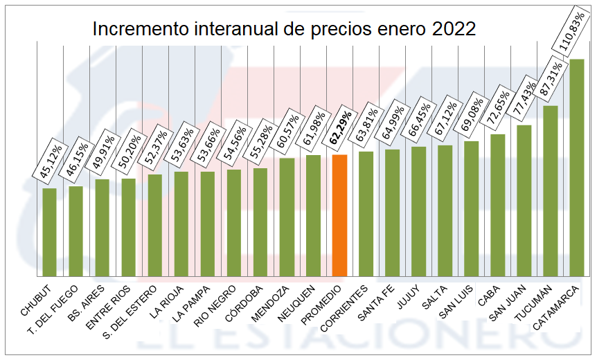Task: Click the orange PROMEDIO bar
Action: [339, 215]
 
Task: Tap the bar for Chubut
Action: [49, 232]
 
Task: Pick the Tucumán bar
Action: [551, 190]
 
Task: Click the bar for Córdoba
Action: [260, 222]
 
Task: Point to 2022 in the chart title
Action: [454, 29]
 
